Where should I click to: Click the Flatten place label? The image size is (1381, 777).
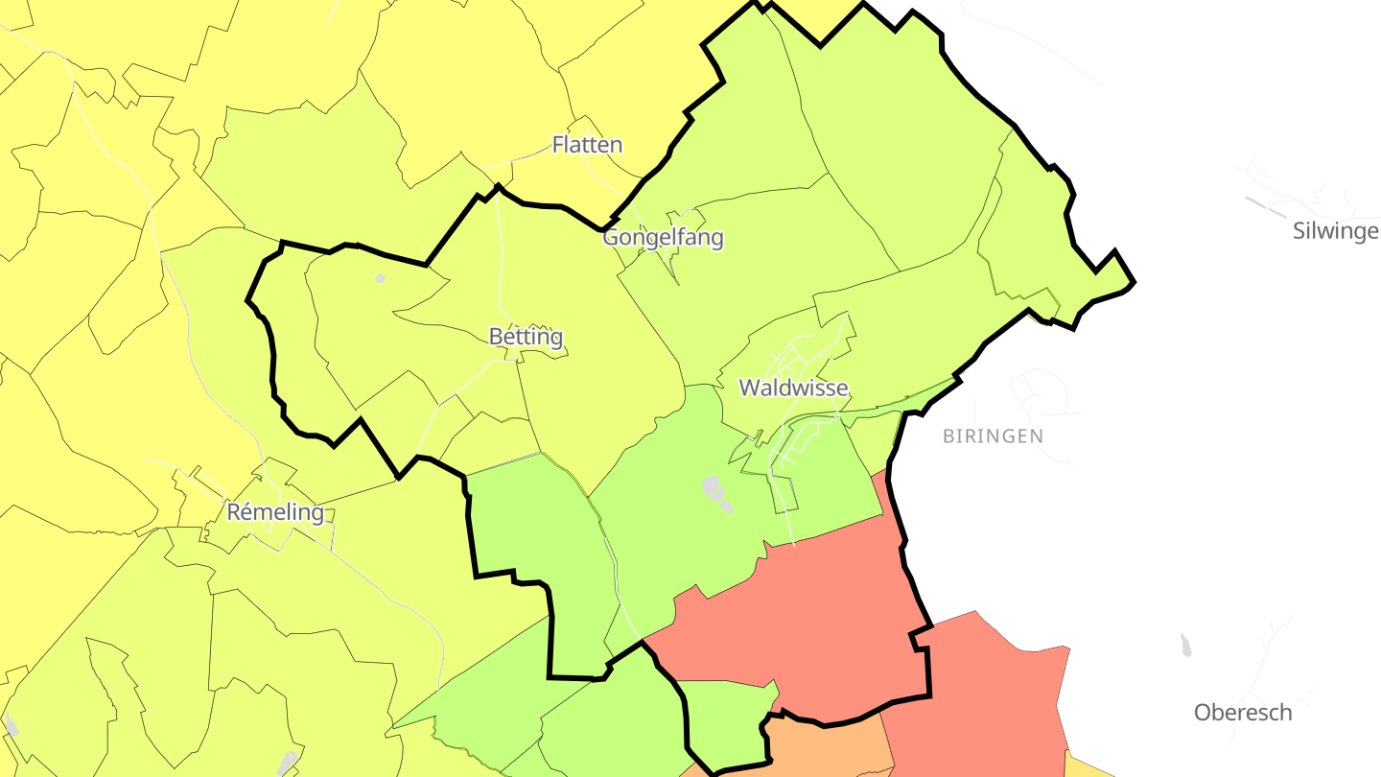point(587,145)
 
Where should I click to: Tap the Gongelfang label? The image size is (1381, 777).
point(663,237)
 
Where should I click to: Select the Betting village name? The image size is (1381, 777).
point(526,337)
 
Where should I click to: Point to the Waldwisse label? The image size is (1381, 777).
point(793,388)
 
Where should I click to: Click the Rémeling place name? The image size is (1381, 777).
point(275,512)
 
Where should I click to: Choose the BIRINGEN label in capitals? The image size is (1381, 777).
point(993,436)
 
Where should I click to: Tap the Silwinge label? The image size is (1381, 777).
point(1335,231)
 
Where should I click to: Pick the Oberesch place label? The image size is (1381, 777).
point(1242,713)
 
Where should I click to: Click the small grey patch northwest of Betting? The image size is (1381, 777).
point(380,279)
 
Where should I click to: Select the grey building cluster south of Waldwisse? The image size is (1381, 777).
point(716,492)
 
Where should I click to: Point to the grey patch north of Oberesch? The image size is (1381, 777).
point(1186,646)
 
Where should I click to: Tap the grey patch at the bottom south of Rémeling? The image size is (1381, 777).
point(287,764)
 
